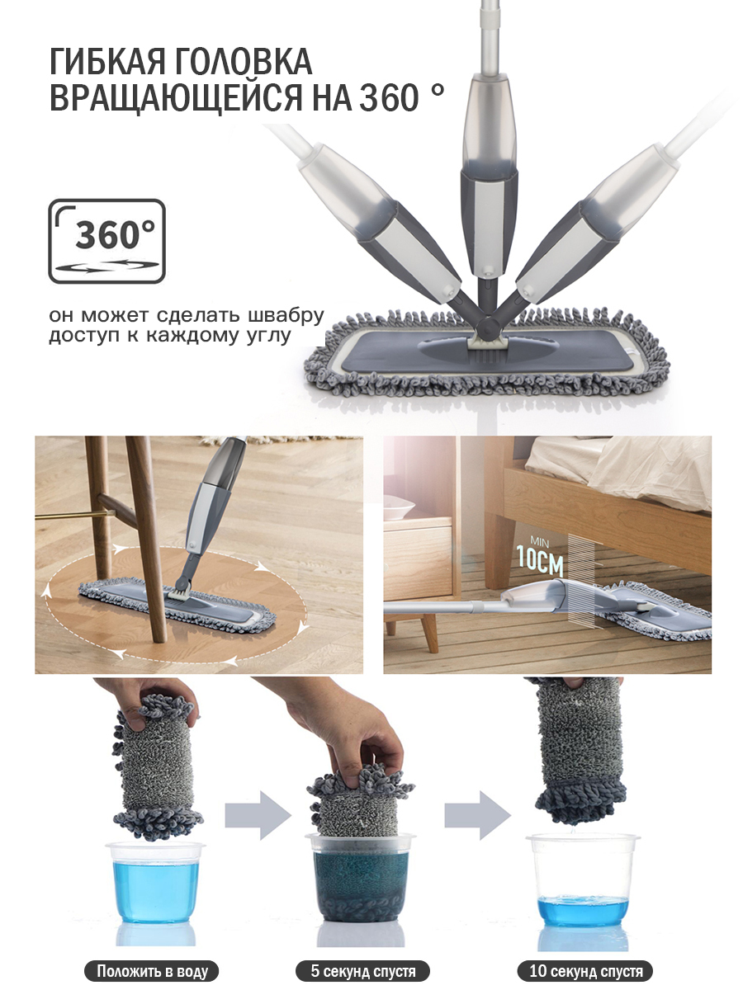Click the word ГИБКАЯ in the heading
pos(107,61)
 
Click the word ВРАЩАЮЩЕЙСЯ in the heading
pos(176,97)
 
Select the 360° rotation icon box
pos(107,241)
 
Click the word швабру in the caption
pos(286,315)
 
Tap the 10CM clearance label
pos(541,559)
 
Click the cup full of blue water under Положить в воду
pos(154,882)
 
